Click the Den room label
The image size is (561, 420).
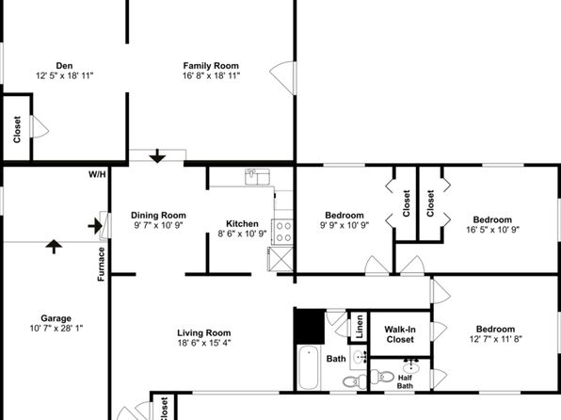click(64, 66)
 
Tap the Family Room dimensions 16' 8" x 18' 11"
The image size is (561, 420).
click(211, 75)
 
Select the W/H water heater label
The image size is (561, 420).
click(97, 174)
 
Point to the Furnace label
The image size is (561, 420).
click(102, 264)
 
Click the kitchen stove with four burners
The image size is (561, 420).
click(282, 232)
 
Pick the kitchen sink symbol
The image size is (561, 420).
click(257, 177)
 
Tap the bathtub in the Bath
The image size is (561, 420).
click(309, 367)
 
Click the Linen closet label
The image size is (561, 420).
click(360, 327)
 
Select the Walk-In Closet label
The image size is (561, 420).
click(400, 334)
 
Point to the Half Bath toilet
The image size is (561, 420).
click(382, 377)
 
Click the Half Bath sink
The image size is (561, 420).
click(411, 366)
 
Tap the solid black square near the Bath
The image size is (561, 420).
click(310, 327)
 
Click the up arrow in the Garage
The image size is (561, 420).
click(54, 247)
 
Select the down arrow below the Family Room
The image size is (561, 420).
click(157, 156)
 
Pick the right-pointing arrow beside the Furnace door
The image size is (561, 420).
click(95, 226)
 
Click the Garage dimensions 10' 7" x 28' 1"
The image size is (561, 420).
click(56, 328)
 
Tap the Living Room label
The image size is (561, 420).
click(204, 333)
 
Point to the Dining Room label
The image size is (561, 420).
click(158, 216)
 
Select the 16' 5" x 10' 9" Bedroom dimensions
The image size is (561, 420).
click(492, 230)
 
